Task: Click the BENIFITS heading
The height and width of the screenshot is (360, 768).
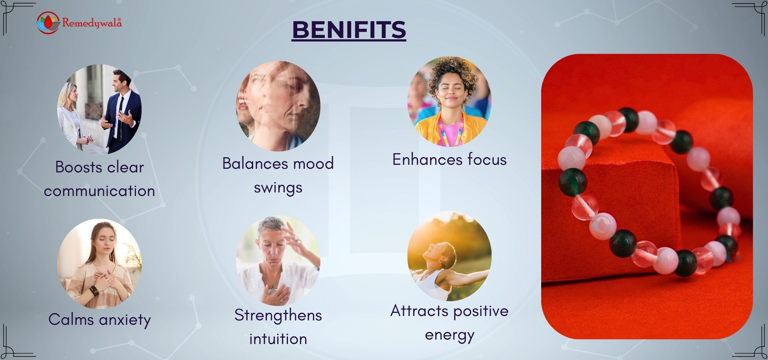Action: [349, 30]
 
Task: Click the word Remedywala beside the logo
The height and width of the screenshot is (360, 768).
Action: [92, 23]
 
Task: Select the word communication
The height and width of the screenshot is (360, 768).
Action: [100, 191]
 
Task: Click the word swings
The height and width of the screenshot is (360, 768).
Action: [278, 188]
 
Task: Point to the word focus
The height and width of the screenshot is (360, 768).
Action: [487, 160]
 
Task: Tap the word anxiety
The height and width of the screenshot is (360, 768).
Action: [125, 320]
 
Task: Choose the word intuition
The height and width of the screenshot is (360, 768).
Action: [278, 339]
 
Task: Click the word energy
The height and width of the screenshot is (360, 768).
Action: [450, 335]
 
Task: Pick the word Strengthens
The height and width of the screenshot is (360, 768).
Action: [278, 315]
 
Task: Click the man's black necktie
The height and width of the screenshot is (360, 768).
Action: [119, 116]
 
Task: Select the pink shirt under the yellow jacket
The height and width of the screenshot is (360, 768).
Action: [451, 132]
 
